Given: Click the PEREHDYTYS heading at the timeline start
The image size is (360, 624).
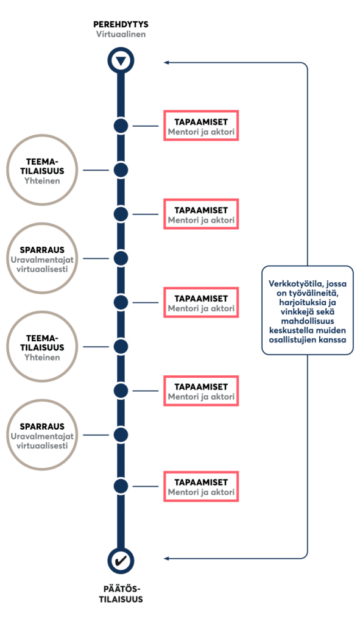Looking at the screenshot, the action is click(121, 24).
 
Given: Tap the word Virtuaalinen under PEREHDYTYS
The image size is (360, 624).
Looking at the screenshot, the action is click(121, 34).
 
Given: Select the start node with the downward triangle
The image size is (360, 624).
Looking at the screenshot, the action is click(121, 60).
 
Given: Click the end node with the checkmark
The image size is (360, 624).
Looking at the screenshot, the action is click(121, 561).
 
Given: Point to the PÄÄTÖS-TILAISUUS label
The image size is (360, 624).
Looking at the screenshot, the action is click(121, 594).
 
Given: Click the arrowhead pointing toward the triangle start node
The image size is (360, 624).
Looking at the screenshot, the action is click(167, 63).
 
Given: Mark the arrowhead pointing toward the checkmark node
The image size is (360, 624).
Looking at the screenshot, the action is click(167, 559).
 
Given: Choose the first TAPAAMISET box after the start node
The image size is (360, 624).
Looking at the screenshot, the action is click(201, 126).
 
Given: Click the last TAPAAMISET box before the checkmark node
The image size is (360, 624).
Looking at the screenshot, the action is click(201, 486).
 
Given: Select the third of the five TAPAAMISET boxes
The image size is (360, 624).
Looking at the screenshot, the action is click(201, 302).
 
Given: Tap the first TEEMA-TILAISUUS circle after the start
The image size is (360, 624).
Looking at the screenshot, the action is click(42, 170).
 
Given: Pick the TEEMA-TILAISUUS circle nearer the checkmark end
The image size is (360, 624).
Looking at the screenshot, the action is click(42, 347).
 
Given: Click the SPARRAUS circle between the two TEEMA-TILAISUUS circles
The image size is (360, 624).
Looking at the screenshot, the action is click(42, 258).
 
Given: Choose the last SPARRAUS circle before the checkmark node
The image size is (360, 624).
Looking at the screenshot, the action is click(42, 435).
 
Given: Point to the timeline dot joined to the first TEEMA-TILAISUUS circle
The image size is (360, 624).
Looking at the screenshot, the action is click(121, 170).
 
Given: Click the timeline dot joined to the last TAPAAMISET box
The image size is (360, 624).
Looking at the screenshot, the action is click(121, 486).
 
